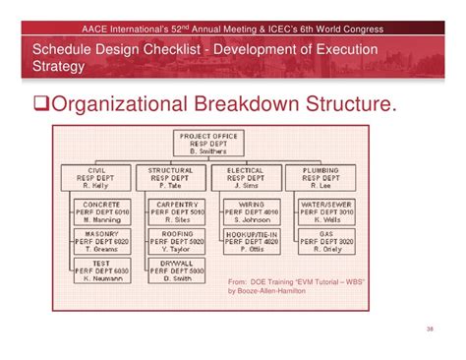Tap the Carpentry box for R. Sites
pos(177,210)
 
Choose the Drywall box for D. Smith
pos(177,270)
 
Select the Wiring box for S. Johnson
pos(253,210)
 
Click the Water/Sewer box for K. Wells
pos(326,210)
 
